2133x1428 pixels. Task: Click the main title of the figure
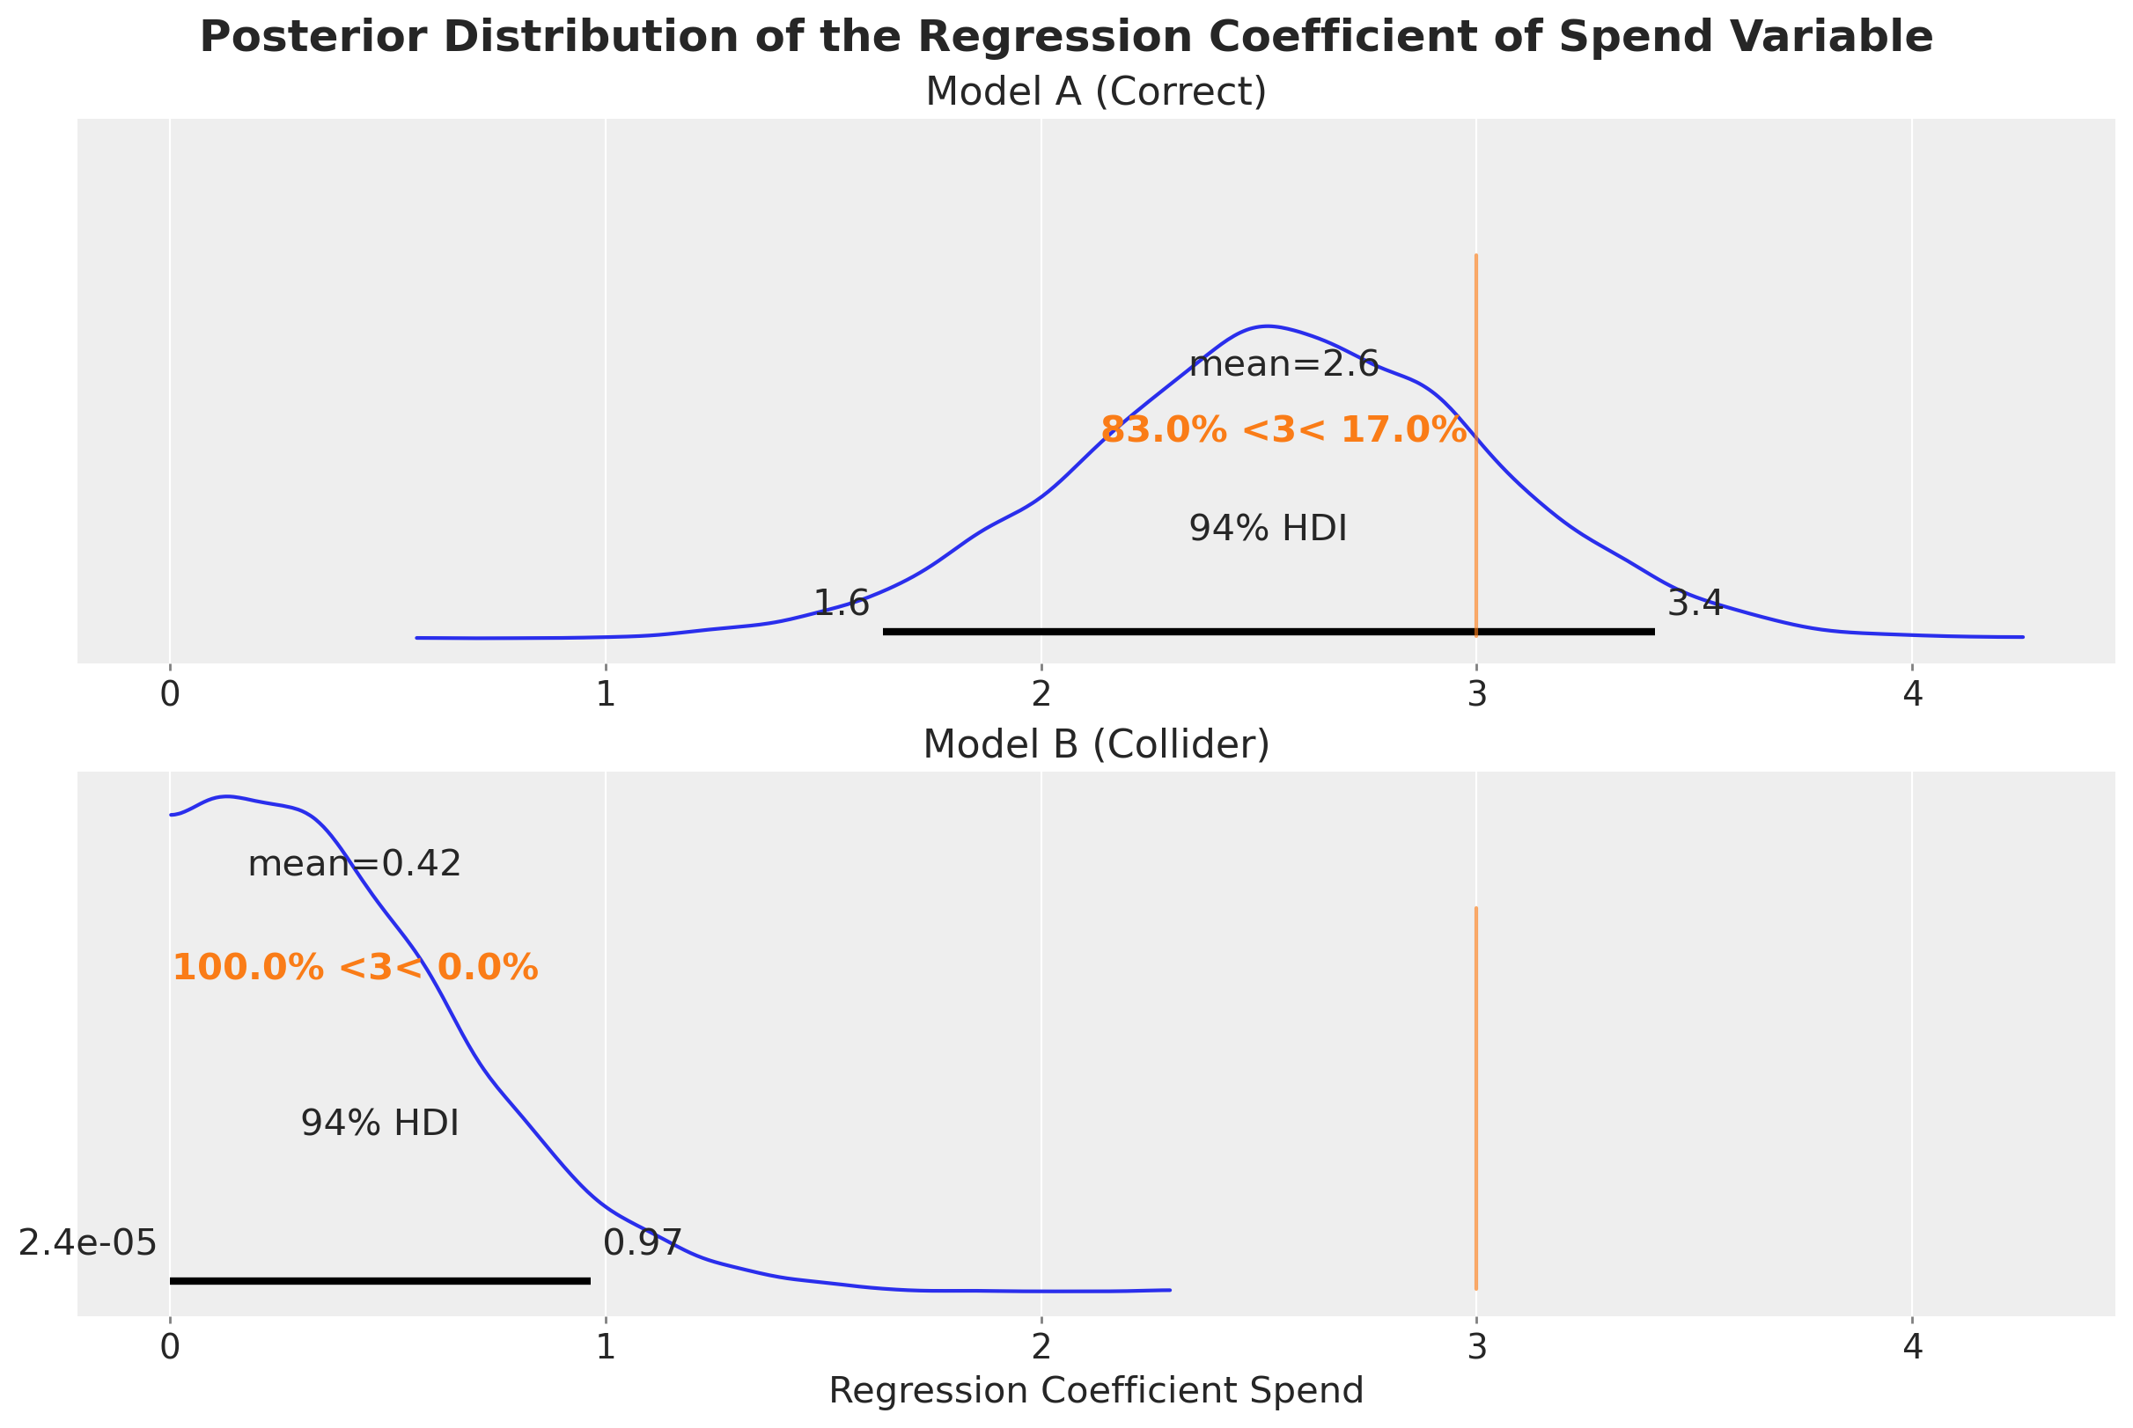click(x=1066, y=38)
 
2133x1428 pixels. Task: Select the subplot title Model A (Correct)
click(x=1095, y=92)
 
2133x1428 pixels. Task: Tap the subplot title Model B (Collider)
click(x=1095, y=745)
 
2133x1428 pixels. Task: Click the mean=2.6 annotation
click(x=1283, y=365)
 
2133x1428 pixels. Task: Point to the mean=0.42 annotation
click(x=355, y=864)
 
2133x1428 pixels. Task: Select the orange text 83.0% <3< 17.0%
click(x=1283, y=430)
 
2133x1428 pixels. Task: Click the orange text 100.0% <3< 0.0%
click(x=356, y=967)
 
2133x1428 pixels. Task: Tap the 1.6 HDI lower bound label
click(x=841, y=603)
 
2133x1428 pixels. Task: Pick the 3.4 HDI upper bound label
click(x=1695, y=603)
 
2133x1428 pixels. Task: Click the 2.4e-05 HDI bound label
click(x=87, y=1243)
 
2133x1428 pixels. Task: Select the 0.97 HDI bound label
click(x=643, y=1243)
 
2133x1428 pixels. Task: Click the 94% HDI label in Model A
click(x=1268, y=529)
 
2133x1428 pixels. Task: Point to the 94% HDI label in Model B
click(x=380, y=1124)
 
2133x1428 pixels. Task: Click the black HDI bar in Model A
click(x=1268, y=631)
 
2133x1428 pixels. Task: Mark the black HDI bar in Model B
click(x=380, y=1281)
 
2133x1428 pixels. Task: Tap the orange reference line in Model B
click(x=1476, y=1093)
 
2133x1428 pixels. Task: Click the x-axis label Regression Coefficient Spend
click(x=1095, y=1391)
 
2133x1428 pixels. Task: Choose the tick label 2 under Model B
click(x=1041, y=1347)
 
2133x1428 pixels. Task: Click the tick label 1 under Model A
click(x=605, y=695)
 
